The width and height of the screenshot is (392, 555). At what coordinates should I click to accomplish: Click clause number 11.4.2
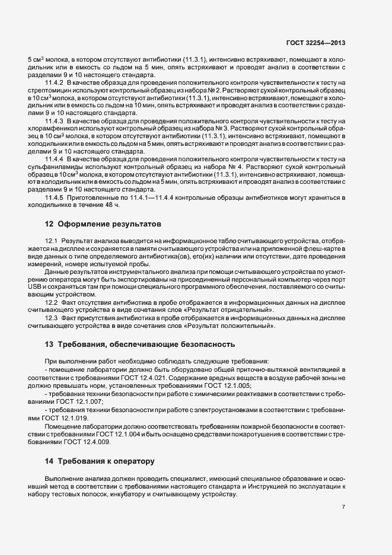pyautogui.click(x=55, y=82)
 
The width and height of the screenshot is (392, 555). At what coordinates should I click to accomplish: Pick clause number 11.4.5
pyautogui.click(x=55, y=197)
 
